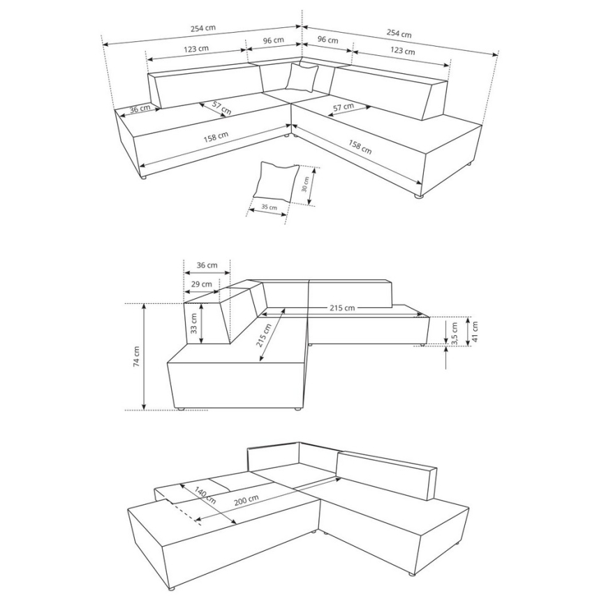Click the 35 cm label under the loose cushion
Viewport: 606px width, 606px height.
click(x=269, y=207)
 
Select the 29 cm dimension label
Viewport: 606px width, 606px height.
click(x=202, y=284)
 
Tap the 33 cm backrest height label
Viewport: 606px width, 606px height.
click(x=194, y=323)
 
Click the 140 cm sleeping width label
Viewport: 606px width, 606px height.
click(x=205, y=497)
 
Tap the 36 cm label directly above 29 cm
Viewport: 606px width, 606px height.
click(x=207, y=265)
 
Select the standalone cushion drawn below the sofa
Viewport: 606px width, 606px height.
click(x=276, y=180)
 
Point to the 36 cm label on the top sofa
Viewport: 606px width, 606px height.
click(x=140, y=108)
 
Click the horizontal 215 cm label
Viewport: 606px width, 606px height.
click(x=341, y=307)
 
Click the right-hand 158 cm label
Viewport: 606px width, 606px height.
click(x=361, y=147)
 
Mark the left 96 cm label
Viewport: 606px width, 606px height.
click(x=273, y=40)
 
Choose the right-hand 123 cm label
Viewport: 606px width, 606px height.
click(x=403, y=51)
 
